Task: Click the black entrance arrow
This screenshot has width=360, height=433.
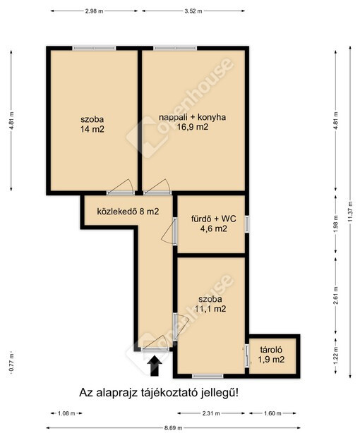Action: tap(155, 365)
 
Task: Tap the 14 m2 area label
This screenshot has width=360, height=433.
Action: tap(92, 129)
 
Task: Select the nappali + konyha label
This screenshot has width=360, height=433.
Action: tap(192, 117)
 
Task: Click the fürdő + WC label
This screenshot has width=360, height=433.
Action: tap(214, 219)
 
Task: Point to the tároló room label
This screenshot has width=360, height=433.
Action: tap(271, 350)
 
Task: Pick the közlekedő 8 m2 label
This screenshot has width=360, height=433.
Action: tap(128, 212)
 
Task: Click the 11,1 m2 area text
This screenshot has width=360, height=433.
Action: tap(210, 309)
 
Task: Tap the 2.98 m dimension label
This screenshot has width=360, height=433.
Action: tap(94, 11)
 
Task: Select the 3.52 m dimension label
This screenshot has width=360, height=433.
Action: tap(193, 11)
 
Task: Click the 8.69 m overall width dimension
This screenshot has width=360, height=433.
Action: tap(174, 428)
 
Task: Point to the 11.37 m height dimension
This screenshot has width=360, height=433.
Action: tap(351, 211)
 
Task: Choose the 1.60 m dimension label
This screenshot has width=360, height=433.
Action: tap(272, 413)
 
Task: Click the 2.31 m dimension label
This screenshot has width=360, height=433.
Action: tap(210, 413)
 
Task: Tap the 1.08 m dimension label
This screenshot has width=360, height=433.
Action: tap(66, 413)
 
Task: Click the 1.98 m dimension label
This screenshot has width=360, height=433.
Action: tap(336, 224)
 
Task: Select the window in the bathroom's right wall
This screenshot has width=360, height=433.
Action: tap(247, 224)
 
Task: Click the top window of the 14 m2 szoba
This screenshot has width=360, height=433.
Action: tap(94, 48)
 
